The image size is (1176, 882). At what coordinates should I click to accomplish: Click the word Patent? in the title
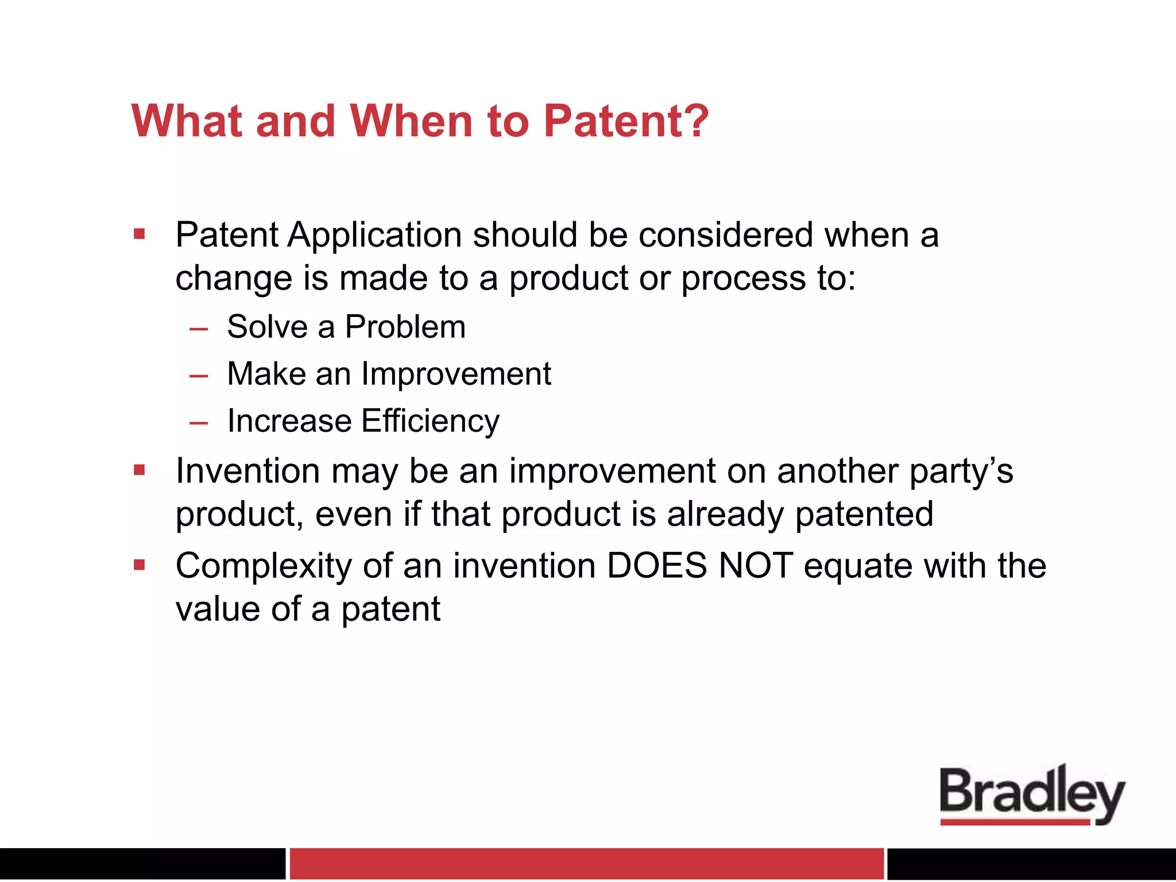626,121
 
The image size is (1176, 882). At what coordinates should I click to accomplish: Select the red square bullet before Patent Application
139,234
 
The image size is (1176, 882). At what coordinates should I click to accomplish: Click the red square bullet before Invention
139,470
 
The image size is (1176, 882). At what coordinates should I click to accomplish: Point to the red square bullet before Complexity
139,565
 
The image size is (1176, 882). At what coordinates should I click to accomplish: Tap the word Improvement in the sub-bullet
456,374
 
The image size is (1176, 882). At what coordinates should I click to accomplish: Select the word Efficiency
430,421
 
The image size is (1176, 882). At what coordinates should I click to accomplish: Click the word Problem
405,327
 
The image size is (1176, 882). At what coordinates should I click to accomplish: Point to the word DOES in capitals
656,566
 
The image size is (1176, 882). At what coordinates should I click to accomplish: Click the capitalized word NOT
756,566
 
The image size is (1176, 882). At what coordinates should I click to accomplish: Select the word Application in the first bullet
374,235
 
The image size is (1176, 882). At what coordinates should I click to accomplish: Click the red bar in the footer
586,863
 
